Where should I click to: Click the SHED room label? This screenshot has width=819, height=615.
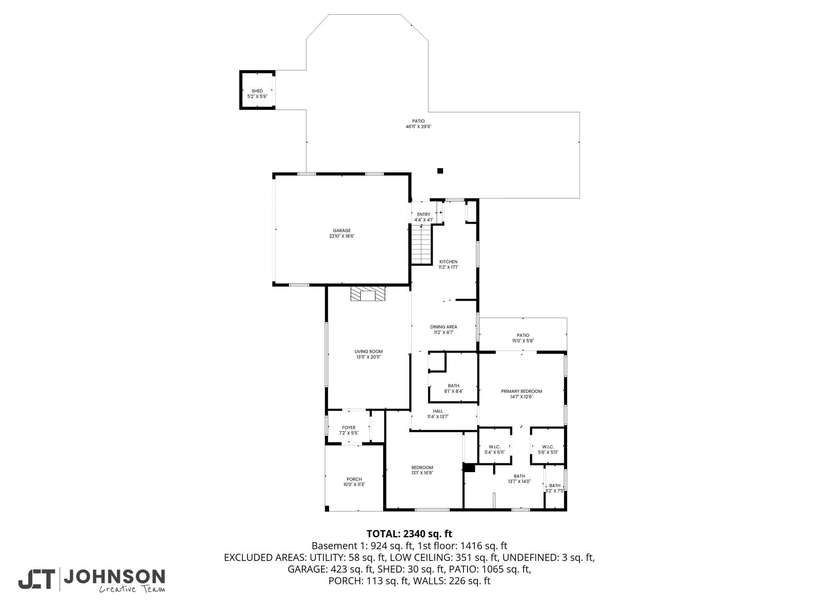tap(257, 91)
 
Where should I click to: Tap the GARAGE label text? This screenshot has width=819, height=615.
tap(342, 231)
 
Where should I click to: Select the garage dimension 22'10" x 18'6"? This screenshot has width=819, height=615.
tap(342, 236)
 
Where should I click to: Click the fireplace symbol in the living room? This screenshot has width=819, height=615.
tap(368, 293)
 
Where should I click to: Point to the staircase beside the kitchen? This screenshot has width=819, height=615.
tap(422, 245)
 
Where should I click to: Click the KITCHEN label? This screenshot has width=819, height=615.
tap(448, 261)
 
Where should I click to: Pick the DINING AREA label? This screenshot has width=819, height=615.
tap(443, 327)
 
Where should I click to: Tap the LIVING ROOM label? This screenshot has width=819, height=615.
tap(368, 352)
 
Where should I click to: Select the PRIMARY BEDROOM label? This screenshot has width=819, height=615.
tap(521, 391)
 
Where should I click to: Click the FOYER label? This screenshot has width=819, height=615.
tap(349, 428)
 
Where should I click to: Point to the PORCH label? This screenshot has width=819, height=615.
tap(354, 479)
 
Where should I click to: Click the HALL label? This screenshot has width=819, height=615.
tap(438, 411)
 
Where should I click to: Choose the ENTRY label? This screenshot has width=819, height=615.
tap(423, 215)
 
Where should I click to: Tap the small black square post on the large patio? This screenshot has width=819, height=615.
tap(440, 171)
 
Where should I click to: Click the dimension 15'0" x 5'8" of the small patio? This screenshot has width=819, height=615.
tap(523, 341)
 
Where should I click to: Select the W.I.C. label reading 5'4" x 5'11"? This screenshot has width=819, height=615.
tap(495, 450)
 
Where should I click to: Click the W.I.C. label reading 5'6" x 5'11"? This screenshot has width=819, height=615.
tap(548, 450)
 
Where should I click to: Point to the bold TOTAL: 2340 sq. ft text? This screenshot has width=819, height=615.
tap(409, 534)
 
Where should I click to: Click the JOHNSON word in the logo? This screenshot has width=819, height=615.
tap(114, 577)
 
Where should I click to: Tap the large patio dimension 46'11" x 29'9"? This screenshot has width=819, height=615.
tap(418, 127)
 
